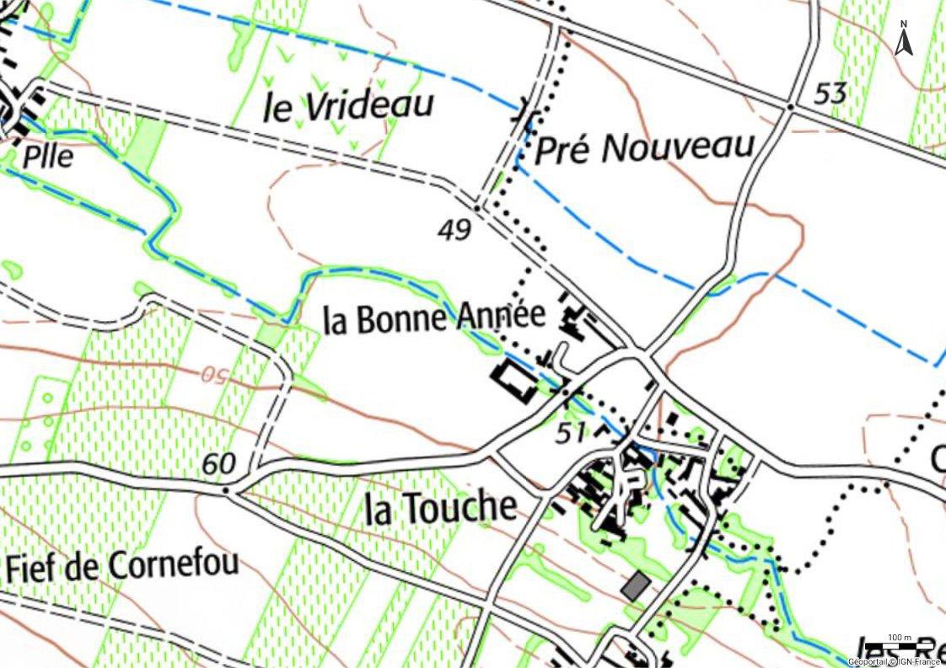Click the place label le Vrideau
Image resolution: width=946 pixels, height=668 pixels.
348,107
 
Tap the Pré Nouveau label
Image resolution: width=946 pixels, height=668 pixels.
645,148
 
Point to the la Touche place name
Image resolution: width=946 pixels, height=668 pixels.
440,508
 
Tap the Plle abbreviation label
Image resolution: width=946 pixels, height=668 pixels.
49,157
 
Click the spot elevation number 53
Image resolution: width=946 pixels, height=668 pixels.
830,94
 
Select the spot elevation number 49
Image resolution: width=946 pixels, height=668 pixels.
454,229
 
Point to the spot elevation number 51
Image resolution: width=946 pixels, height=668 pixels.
571,434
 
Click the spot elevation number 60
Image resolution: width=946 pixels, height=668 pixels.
218,462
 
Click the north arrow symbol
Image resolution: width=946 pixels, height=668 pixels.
904,41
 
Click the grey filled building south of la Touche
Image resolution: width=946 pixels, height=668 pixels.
636,585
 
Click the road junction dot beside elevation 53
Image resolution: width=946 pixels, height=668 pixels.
790,107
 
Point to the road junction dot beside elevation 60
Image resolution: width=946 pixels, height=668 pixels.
228,488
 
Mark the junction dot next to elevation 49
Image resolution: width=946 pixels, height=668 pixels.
477,206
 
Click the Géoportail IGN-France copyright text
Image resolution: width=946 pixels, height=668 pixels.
894,661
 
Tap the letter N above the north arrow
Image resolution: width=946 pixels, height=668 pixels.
904,24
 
